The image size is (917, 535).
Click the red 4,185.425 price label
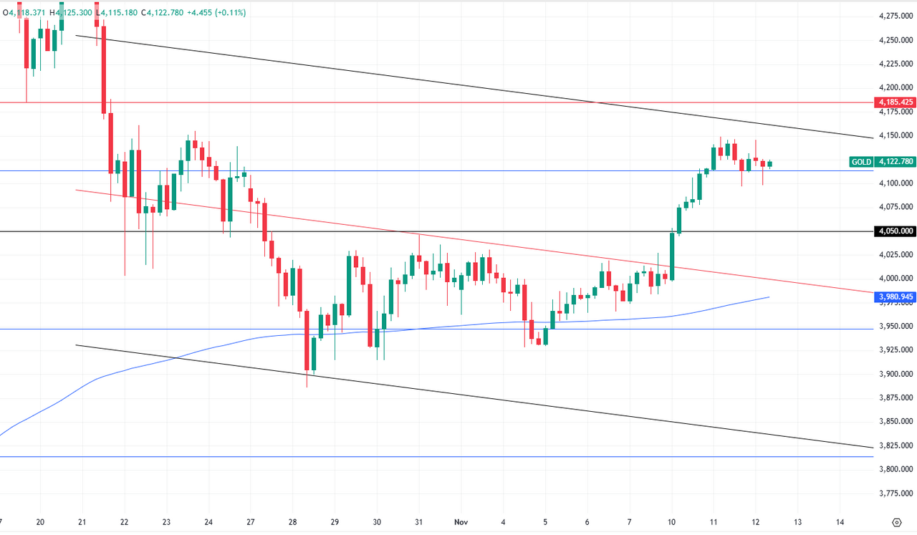click(896, 102)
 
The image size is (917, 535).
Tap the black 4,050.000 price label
click(896, 231)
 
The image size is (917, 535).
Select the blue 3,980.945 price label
click(896, 296)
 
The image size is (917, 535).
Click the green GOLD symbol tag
click(861, 162)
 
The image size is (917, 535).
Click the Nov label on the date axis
click(461, 522)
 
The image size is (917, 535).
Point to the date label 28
click(293, 522)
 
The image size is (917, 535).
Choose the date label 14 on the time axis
click(840, 522)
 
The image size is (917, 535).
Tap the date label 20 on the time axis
click(40, 522)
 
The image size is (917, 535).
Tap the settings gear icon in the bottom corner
click(897, 522)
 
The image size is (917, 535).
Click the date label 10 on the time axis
click(672, 522)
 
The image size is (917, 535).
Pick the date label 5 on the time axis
click(546, 522)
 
